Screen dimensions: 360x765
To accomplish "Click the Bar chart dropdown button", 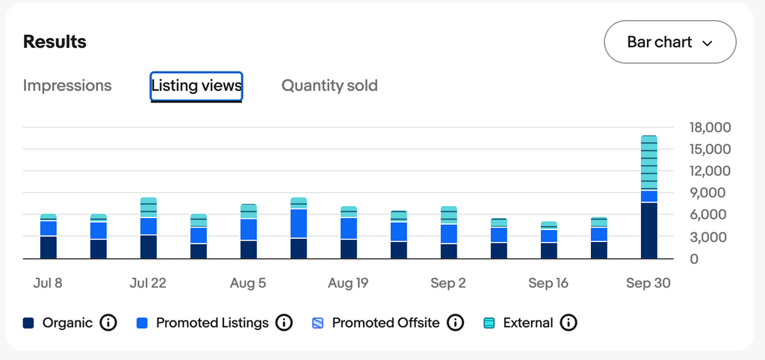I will tap(669, 42).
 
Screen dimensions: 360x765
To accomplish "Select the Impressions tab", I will tap(67, 86).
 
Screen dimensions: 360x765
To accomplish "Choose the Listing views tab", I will tap(196, 86).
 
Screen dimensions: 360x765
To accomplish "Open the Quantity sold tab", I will tap(329, 86).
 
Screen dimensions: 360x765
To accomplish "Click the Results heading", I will tap(55, 42).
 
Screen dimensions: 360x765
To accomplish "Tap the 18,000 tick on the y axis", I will tap(710, 128).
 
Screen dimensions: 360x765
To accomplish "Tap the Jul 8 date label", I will tap(48, 284).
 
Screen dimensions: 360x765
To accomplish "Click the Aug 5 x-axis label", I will tap(248, 284).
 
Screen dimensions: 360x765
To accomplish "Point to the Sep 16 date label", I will tap(548, 284).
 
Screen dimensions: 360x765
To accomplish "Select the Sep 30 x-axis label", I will tap(648, 284).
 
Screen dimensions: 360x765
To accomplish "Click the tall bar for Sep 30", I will tap(648, 198).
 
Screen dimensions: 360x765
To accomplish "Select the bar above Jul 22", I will tap(149, 229).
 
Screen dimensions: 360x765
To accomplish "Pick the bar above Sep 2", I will tap(448, 233).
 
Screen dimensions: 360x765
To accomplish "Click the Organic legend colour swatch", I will tap(29, 323).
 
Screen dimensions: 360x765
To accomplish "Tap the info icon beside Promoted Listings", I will tap(284, 323).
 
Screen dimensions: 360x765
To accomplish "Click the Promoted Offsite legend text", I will tap(385, 323).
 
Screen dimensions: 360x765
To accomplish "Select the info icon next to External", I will tap(569, 323).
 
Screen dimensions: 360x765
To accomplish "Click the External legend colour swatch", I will tap(490, 323).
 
